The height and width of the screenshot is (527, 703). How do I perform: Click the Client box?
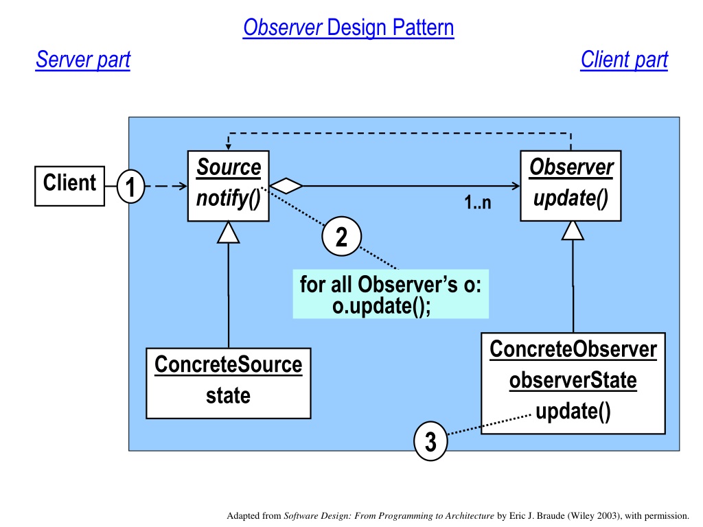[x=69, y=186]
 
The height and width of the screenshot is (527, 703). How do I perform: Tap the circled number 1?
[x=130, y=187]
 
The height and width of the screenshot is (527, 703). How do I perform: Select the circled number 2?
[x=342, y=236]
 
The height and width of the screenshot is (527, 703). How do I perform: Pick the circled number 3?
[x=430, y=441]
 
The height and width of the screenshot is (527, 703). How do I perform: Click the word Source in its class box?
[x=229, y=167]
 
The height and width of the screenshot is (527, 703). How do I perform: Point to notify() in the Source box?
[x=229, y=198]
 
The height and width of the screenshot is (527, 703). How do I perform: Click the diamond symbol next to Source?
[x=286, y=185]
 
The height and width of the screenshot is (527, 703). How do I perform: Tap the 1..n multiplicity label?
[x=478, y=202]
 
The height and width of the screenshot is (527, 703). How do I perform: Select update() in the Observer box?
[x=571, y=198]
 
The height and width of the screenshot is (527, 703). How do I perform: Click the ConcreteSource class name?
[x=228, y=364]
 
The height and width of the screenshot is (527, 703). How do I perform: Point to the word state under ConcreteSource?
[x=228, y=396]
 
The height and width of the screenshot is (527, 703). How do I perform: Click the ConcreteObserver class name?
[x=573, y=349]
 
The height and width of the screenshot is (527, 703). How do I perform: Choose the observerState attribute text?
[x=573, y=380]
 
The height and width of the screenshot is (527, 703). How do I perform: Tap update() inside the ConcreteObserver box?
[x=573, y=412]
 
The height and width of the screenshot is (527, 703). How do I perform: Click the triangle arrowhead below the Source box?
[x=228, y=232]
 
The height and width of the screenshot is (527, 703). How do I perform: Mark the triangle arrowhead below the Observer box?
[x=573, y=231]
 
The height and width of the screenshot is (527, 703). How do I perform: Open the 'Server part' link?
[x=83, y=60]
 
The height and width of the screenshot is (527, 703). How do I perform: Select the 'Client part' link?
[x=624, y=60]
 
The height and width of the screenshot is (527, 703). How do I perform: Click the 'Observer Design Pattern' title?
[x=348, y=27]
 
